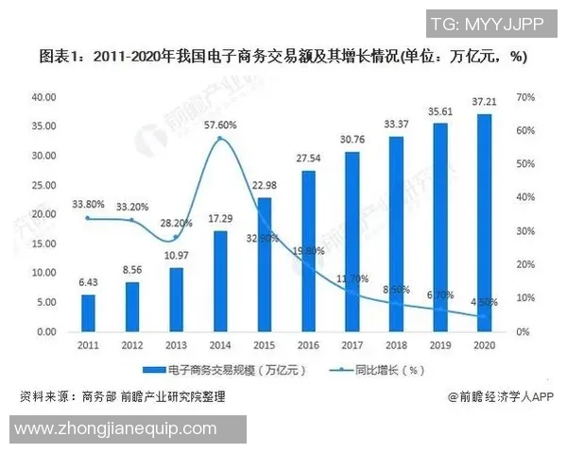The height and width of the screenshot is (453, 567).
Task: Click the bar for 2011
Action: coord(88,313)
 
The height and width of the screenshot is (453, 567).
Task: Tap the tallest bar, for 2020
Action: coord(484,223)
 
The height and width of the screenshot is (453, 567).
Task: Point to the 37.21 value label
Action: coord(484,102)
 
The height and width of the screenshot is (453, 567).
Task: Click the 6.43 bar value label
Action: coord(88,283)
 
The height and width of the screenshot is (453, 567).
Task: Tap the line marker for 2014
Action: coord(219,139)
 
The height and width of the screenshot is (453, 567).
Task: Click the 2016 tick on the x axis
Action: coord(308,344)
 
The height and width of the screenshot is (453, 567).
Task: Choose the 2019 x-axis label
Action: coord(440,344)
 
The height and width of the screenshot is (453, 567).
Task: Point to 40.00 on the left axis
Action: coord(44,96)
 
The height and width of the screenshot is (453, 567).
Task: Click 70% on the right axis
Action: coord(526,96)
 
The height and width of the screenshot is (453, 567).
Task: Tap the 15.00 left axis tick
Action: coord(44,243)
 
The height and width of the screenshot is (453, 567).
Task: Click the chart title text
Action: coord(283,57)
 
